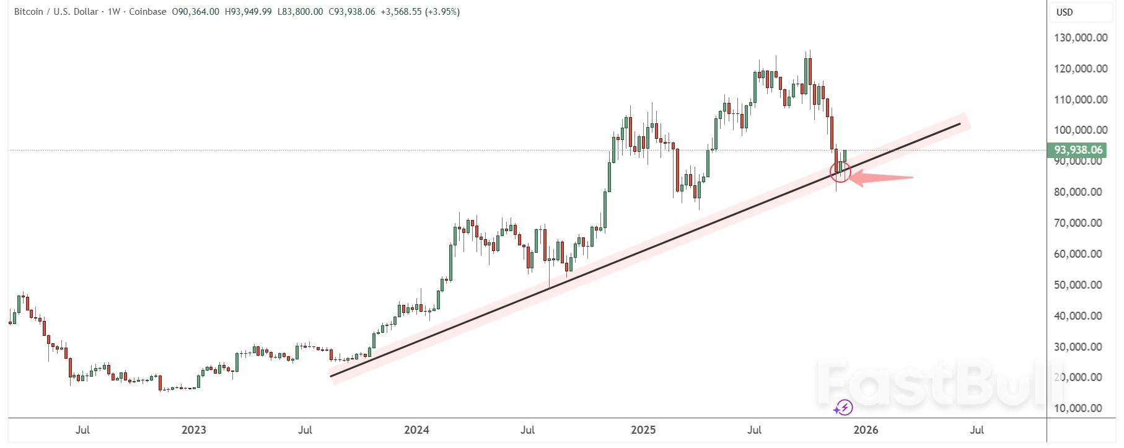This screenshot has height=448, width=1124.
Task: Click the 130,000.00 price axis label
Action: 1081,38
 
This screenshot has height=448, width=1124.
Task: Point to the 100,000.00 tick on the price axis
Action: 1081,130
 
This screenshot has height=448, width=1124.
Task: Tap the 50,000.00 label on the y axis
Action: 1081,285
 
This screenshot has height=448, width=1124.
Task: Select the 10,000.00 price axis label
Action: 1081,408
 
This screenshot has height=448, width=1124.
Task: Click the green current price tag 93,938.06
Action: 1078,150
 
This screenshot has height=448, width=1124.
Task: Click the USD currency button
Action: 1065,12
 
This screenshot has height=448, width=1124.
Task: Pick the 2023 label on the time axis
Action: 193,430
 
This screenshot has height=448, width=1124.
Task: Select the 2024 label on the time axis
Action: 416,430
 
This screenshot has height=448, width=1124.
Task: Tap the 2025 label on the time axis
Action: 643,430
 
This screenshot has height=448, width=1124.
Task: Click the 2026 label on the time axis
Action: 866,430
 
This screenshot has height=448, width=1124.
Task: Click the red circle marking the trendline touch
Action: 840,172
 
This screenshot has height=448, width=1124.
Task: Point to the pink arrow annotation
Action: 880,178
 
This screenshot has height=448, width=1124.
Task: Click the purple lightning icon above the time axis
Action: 843,407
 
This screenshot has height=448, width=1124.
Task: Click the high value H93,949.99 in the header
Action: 248,12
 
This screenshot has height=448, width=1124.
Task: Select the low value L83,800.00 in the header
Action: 300,12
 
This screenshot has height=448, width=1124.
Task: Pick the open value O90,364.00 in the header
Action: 195,12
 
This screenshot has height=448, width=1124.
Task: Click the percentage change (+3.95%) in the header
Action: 442,12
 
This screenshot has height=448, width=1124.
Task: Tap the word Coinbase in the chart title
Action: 147,12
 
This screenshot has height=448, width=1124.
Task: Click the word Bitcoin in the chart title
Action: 29,12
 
